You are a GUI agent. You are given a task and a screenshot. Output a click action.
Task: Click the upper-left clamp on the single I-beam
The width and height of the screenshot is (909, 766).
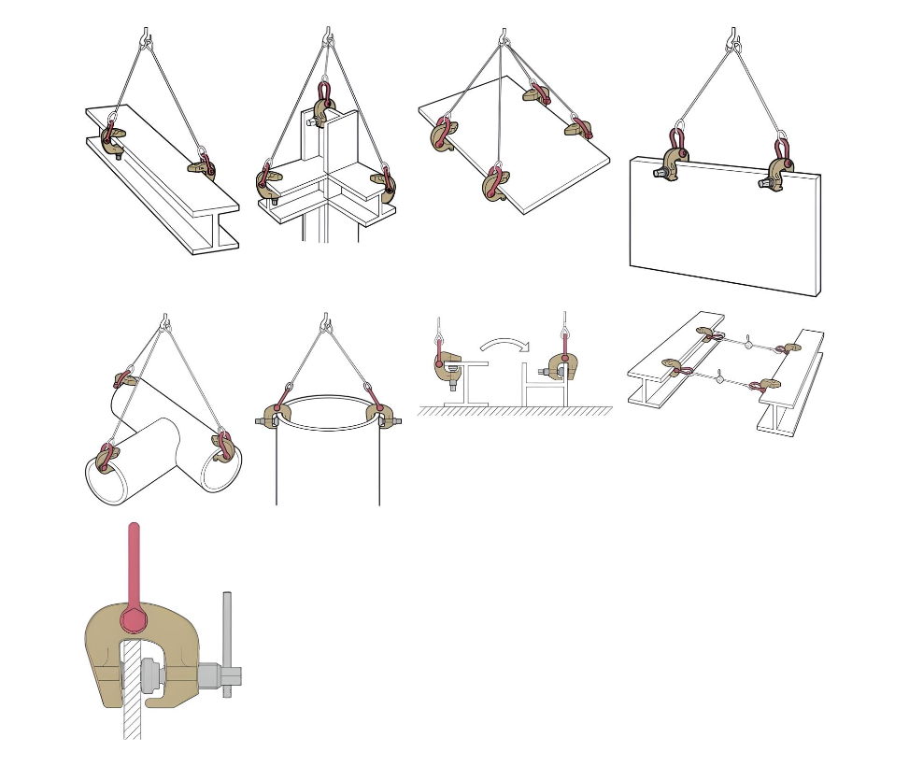pos(111,138)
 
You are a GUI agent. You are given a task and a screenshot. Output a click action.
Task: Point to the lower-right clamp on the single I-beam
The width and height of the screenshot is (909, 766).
pos(202,167)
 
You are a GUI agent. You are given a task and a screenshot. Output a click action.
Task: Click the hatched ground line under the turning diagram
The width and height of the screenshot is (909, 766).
pos(514,410)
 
